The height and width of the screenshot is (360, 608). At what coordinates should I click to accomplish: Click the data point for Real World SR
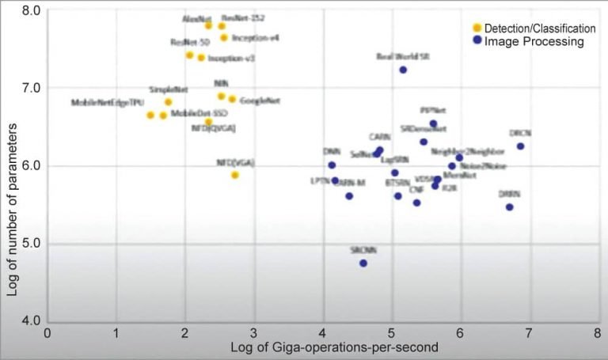pyautogui.click(x=403, y=70)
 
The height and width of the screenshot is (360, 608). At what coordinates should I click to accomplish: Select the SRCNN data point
pyautogui.click(x=363, y=263)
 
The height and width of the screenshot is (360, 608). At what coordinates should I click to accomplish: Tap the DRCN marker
pyautogui.click(x=520, y=146)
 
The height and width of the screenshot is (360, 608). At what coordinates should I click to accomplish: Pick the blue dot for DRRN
pyautogui.click(x=509, y=207)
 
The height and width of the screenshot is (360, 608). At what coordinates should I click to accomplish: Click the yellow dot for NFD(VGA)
pyautogui.click(x=235, y=175)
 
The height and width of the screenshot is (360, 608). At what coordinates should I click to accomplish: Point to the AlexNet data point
pyautogui.click(x=208, y=26)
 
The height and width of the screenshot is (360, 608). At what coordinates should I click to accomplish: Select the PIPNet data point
pyautogui.click(x=433, y=123)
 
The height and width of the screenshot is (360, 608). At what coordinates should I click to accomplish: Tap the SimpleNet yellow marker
pyautogui.click(x=168, y=102)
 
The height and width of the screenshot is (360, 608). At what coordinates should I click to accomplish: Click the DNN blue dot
pyautogui.click(x=332, y=165)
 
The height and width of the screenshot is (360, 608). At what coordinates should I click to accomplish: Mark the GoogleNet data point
pyautogui.click(x=232, y=100)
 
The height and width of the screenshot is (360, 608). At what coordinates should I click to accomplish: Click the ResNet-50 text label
pyautogui.click(x=189, y=42)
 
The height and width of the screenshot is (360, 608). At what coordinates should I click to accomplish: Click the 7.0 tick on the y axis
pyautogui.click(x=32, y=88)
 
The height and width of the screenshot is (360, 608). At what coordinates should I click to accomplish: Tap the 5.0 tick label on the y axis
pyautogui.click(x=32, y=243)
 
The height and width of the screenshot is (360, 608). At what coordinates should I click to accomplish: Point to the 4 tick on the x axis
pyautogui.click(x=322, y=333)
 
